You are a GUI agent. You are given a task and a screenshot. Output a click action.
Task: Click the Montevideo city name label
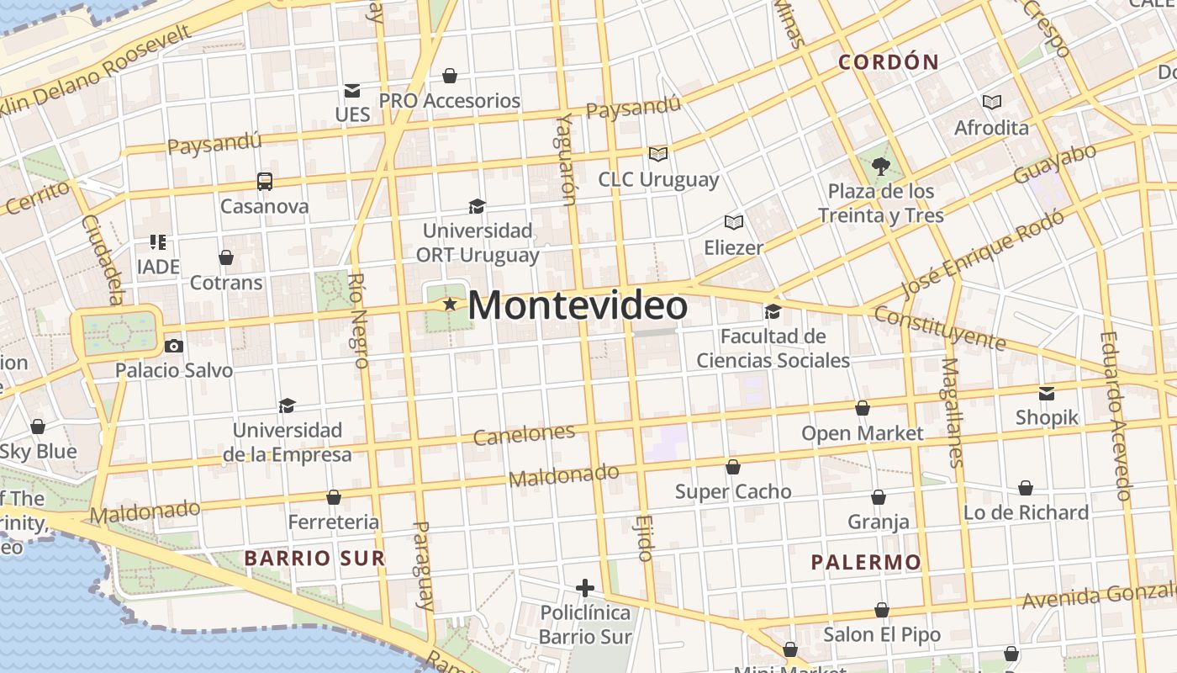click(577, 305)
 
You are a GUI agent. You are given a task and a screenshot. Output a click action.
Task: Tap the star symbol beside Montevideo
click(450, 304)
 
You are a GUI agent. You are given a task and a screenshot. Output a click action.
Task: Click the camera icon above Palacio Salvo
click(174, 346)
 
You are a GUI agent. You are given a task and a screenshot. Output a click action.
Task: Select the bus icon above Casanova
click(264, 181)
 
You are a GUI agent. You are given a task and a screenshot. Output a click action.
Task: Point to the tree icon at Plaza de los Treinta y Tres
click(881, 166)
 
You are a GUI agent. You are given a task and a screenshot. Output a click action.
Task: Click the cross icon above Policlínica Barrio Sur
click(585, 587)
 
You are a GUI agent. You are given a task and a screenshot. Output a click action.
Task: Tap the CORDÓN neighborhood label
click(889, 61)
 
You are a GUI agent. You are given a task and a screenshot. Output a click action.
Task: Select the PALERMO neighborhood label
click(866, 562)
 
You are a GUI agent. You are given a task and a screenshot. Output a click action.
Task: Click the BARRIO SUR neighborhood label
click(314, 558)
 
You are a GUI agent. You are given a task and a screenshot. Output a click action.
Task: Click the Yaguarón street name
click(566, 158)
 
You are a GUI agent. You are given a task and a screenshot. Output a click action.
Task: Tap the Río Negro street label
click(359, 321)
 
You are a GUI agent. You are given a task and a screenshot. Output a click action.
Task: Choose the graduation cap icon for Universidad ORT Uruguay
click(477, 206)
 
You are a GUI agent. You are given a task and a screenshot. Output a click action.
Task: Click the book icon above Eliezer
click(734, 222)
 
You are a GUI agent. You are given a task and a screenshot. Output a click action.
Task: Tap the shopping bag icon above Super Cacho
click(733, 467)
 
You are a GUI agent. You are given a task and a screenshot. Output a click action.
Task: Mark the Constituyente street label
click(939, 328)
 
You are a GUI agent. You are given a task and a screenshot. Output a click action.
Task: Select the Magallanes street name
click(952, 412)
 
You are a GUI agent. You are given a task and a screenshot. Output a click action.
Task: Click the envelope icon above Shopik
click(1047, 393)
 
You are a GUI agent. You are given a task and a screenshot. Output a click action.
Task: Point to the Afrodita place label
click(991, 128)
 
